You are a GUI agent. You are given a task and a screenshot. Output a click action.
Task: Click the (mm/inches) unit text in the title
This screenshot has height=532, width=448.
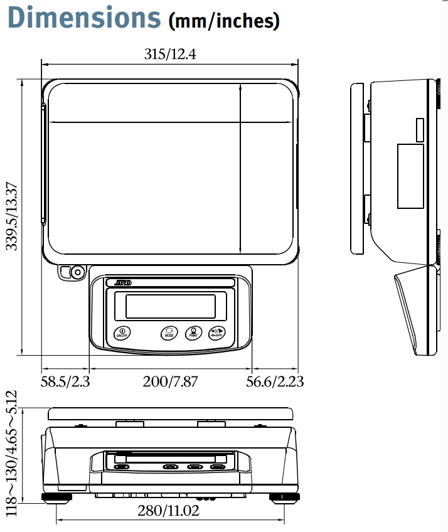click(224, 21)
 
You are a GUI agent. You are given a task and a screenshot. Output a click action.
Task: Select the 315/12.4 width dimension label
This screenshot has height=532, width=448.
click(170, 55)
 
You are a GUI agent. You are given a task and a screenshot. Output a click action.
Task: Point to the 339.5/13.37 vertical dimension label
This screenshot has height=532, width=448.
click(13, 216)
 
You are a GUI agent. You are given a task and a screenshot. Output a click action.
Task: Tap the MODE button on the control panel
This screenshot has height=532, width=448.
click(169, 332)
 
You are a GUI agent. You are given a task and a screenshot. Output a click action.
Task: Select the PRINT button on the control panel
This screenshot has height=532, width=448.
click(193, 332)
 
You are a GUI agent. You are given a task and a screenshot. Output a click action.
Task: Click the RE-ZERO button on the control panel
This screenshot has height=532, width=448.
click(217, 332)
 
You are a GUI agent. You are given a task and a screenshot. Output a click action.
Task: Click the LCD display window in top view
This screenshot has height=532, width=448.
click(171, 306)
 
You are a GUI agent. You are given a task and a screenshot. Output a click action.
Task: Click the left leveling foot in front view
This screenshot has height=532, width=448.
click(56, 498)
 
